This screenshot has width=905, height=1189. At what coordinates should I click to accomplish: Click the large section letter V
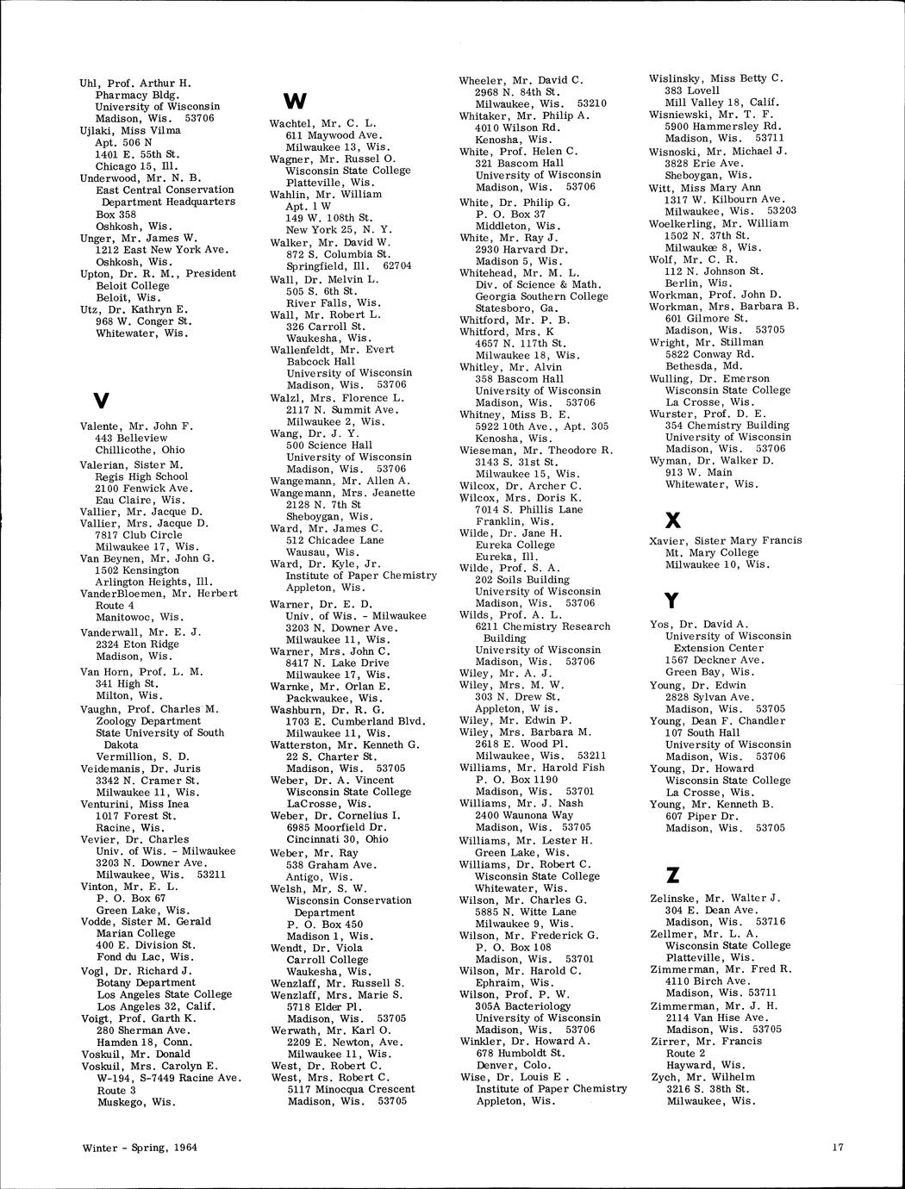coord(101,401)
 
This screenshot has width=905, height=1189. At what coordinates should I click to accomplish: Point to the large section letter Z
coord(673,875)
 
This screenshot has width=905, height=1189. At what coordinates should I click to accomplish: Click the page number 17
coord(838,1147)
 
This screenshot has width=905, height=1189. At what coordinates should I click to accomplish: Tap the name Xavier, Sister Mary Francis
coord(725,541)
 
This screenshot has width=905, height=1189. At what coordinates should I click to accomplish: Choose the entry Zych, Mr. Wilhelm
coord(702,1077)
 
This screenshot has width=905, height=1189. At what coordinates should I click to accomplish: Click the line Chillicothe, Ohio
coord(140,450)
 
